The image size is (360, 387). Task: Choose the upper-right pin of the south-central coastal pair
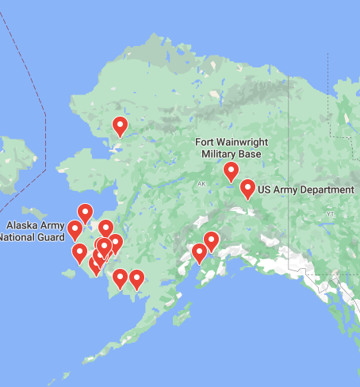click(211, 240)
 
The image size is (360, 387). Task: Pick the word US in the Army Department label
click(266, 190)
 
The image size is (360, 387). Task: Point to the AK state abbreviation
click(201, 184)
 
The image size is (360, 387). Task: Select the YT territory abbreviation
click(331, 214)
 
